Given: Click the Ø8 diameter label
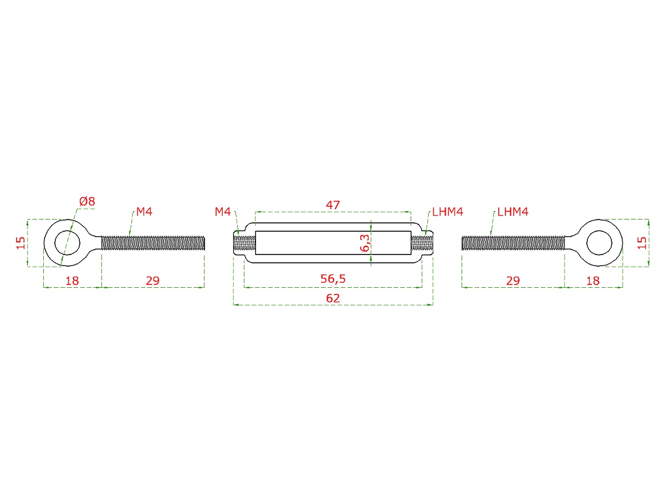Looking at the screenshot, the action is pos(87,201).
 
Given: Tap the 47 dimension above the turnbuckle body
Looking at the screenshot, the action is pos(332,205).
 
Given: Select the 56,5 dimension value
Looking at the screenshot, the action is pos(332,279).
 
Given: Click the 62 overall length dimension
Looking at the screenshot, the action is pos(332,298).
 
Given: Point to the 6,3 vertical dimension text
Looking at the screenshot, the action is pos(365,243).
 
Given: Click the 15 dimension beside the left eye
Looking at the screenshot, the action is pos(21,243).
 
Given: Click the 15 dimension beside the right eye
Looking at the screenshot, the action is pos(642,243).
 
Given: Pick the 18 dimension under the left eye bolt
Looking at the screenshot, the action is pos(72,281).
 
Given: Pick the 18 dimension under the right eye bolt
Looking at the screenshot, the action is pos(593,281).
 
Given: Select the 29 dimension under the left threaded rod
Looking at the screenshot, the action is pos(152,281).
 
